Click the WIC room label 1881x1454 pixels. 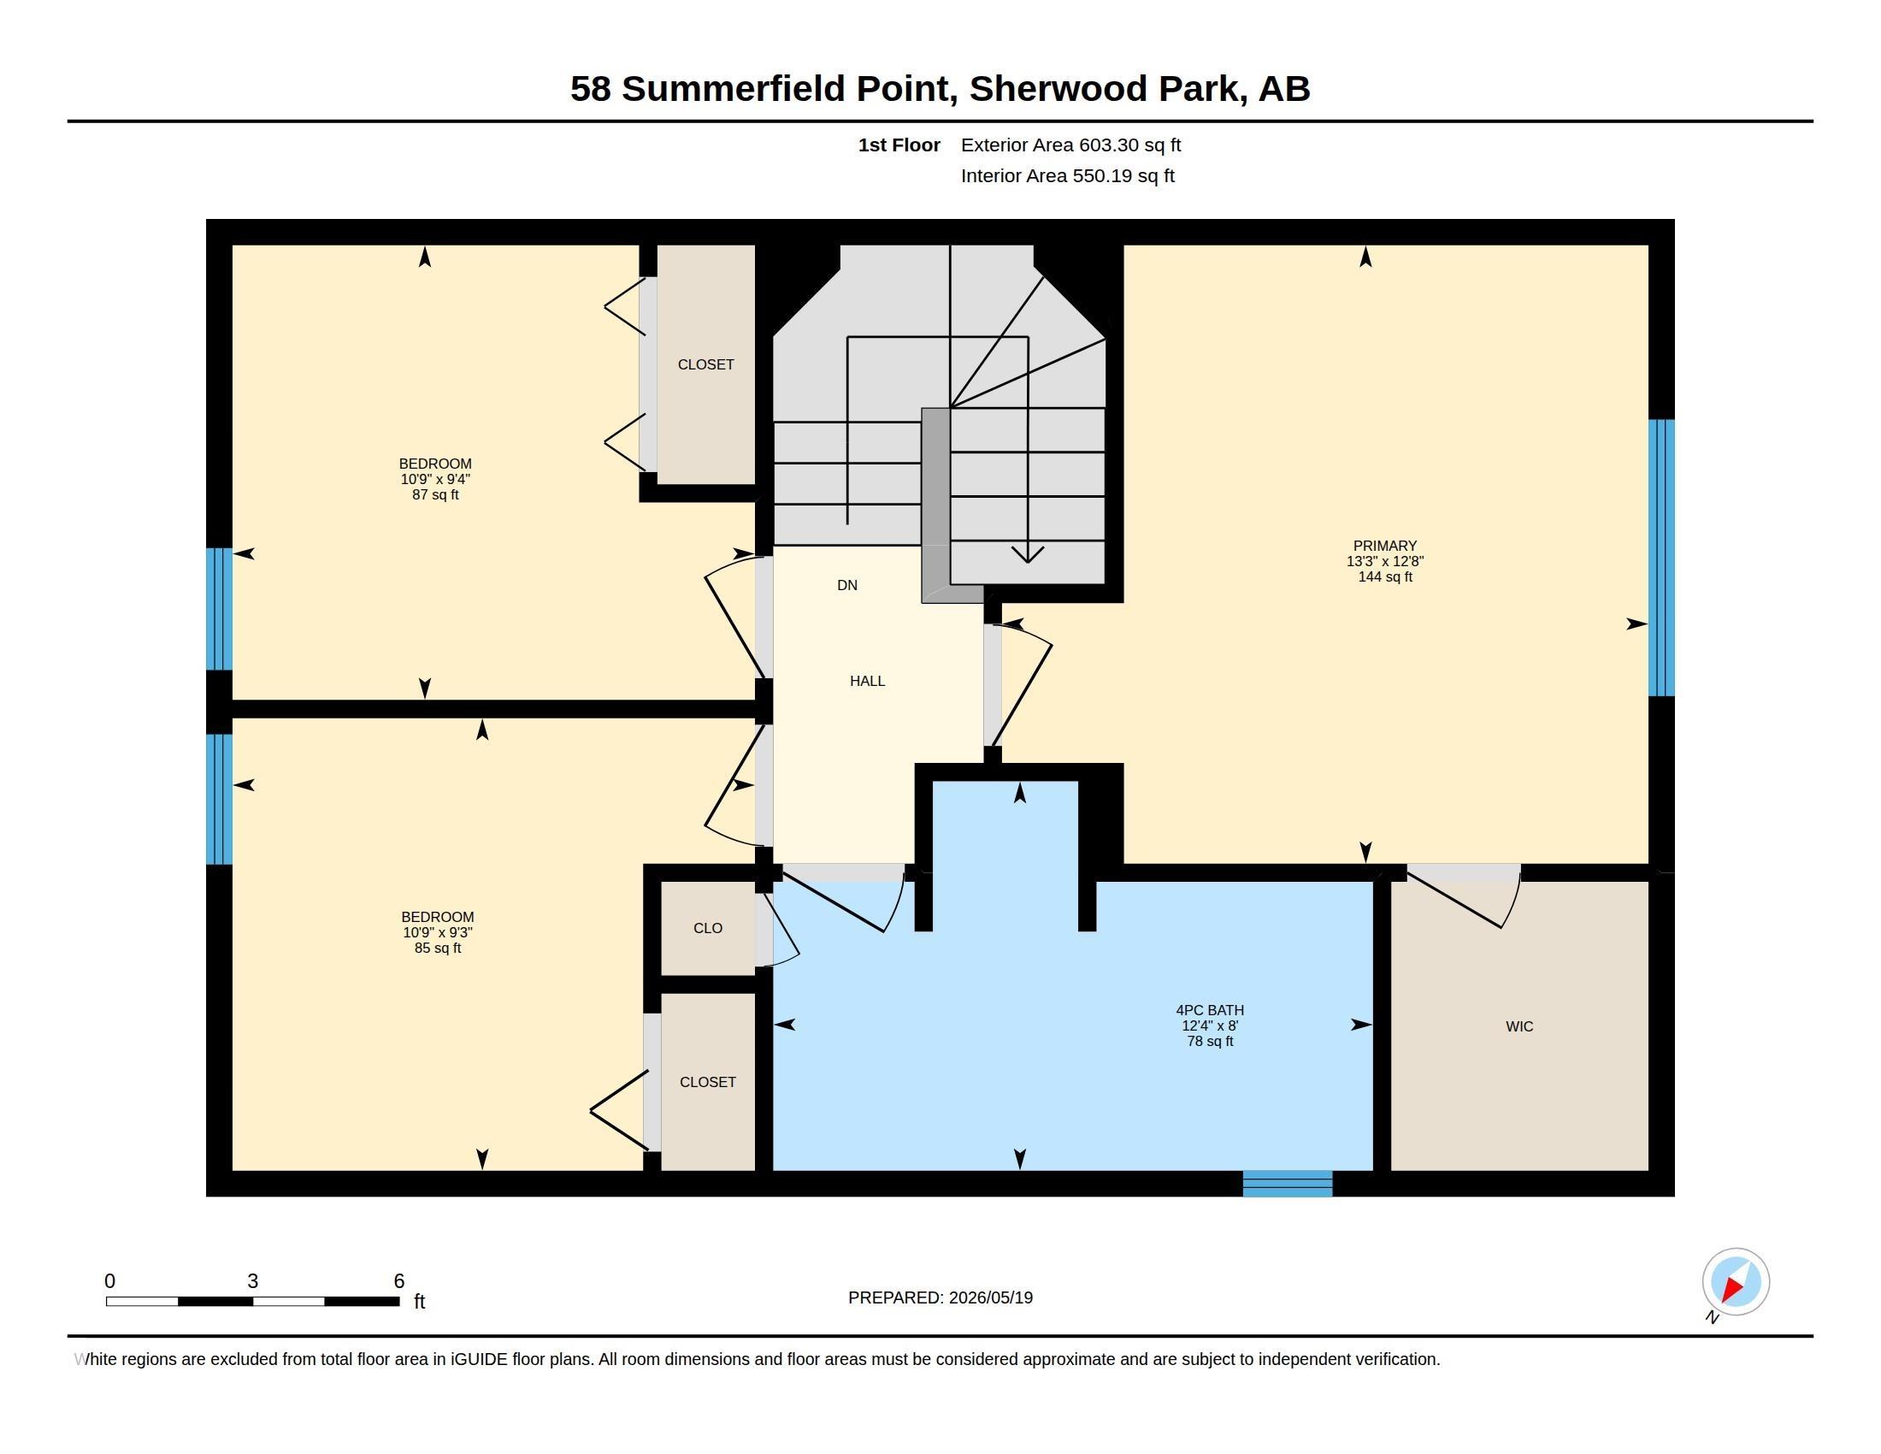pyautogui.click(x=1519, y=1025)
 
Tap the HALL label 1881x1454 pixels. pyautogui.click(x=867, y=681)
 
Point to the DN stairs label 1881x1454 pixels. pyautogui.click(x=847, y=585)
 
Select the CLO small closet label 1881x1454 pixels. pyautogui.click(x=708, y=928)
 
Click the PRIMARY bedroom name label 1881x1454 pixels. pyautogui.click(x=1385, y=546)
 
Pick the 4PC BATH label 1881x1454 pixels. pyautogui.click(x=1210, y=1009)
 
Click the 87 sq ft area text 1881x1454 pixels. pyautogui.click(x=436, y=494)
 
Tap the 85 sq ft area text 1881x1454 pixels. pyautogui.click(x=438, y=948)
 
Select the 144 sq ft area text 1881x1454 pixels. pyautogui.click(x=1385, y=576)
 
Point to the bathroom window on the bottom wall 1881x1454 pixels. pyautogui.click(x=1288, y=1184)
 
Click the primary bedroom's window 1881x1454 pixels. pyautogui.click(x=1661, y=558)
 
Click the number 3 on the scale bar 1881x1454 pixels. pyautogui.click(x=252, y=1281)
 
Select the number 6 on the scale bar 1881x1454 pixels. pyautogui.click(x=398, y=1281)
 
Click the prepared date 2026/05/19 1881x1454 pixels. pyautogui.click(x=990, y=1297)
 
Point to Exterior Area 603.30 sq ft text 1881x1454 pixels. pyautogui.click(x=1070, y=145)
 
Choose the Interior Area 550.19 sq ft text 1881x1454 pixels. pyautogui.click(x=1067, y=175)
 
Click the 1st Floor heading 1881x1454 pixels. pyautogui.click(x=899, y=145)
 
